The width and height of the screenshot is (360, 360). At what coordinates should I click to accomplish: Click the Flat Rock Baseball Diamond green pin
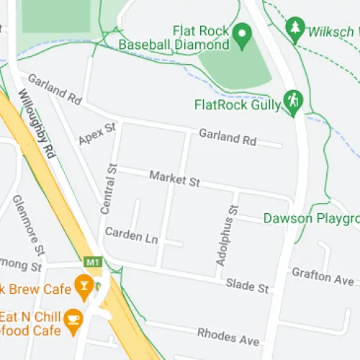[x=243, y=32]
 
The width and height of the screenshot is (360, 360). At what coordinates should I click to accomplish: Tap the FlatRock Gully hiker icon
[x=292, y=102]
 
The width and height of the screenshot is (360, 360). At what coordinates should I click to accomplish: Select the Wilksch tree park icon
[x=294, y=29]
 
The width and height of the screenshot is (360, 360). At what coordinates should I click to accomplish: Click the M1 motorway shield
[x=92, y=261]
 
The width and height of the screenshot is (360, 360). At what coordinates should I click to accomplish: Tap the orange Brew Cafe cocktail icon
[x=84, y=289]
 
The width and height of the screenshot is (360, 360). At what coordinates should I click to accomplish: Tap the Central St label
[x=109, y=189]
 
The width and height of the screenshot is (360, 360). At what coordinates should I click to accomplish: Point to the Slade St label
[x=247, y=285]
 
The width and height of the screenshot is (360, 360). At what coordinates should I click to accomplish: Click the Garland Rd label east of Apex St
[x=228, y=138]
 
